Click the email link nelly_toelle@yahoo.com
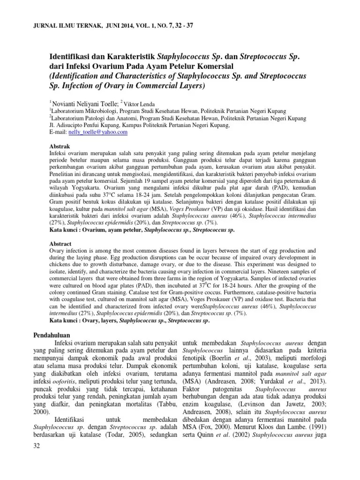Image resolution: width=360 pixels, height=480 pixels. tap(98, 133)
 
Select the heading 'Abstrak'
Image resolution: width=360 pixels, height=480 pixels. tap(60, 146)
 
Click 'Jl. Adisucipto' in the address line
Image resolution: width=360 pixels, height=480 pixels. tap(68, 126)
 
